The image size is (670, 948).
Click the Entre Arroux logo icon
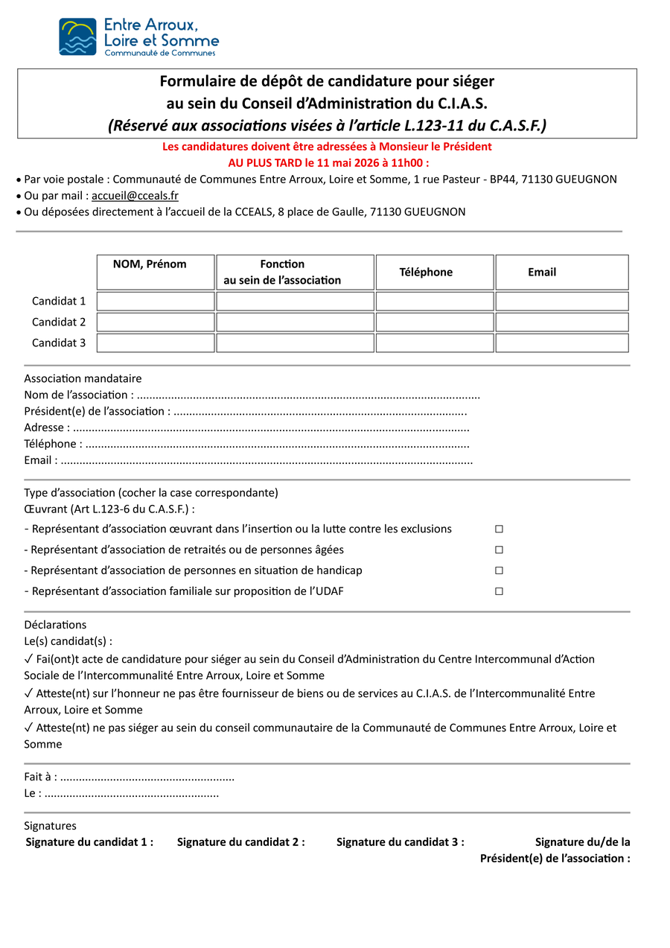tap(77, 36)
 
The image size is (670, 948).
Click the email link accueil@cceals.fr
tap(135, 196)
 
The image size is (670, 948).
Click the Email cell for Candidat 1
tap(562, 302)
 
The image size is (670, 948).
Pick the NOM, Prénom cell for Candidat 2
tap(156, 322)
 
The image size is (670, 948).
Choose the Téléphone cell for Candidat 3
tap(435, 343)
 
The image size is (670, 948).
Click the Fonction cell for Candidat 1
tap(295, 302)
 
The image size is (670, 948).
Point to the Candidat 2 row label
tap(59, 322)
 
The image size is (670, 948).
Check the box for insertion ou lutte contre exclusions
tap(499, 529)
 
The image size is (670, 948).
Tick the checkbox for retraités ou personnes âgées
tap(499, 550)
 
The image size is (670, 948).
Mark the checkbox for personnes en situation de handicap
tap(499, 570)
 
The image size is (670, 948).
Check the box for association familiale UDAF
tap(499, 591)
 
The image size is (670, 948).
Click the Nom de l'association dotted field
tap(308, 395)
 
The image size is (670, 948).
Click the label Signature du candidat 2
tap(241, 842)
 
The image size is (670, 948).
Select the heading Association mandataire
tap(83, 378)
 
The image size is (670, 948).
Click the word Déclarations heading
tap(55, 625)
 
